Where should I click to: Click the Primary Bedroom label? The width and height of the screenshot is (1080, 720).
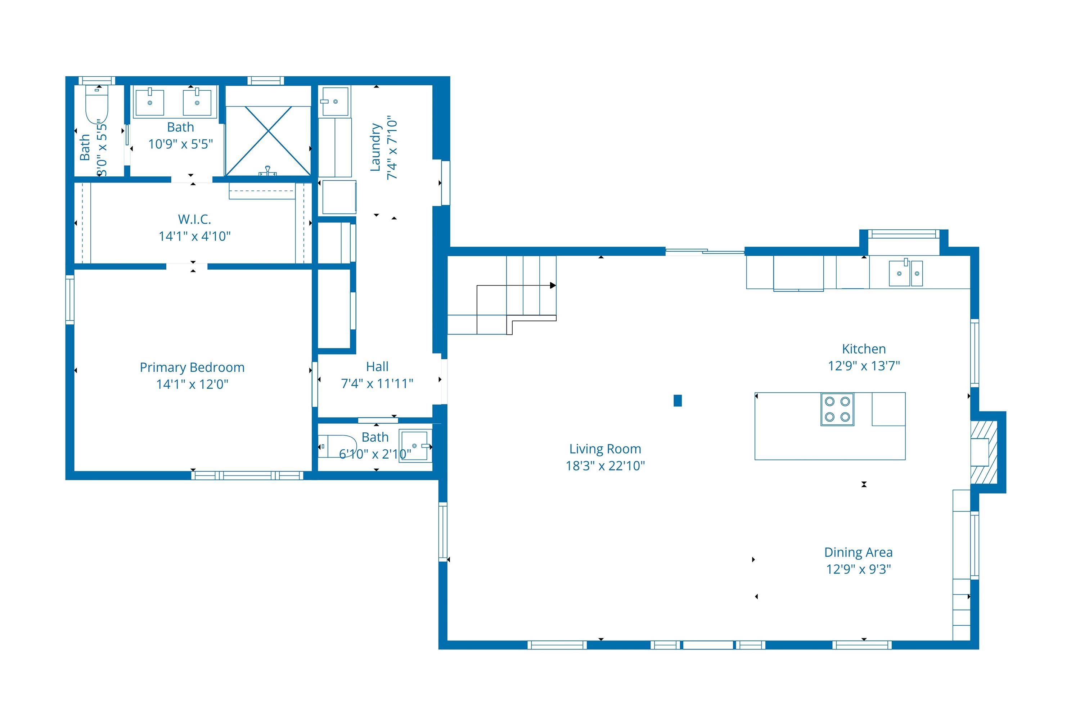pyautogui.click(x=192, y=367)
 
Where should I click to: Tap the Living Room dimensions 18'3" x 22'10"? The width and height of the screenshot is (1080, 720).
pyautogui.click(x=605, y=465)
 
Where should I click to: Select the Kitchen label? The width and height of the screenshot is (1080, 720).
pyautogui.click(x=864, y=349)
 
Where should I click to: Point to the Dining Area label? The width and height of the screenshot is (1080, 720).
pyautogui.click(x=858, y=552)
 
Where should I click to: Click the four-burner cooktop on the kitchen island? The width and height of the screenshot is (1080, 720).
pyautogui.click(x=838, y=409)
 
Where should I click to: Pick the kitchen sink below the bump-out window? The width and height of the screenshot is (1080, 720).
pyautogui.click(x=905, y=273)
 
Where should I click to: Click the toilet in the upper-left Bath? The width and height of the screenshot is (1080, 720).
pyautogui.click(x=97, y=105)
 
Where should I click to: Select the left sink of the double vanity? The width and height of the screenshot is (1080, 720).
pyautogui.click(x=150, y=102)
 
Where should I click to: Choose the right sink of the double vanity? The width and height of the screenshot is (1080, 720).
pyautogui.click(x=197, y=102)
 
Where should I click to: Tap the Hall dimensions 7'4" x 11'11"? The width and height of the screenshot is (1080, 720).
pyautogui.click(x=377, y=383)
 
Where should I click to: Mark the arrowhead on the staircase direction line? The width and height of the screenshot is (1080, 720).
pyautogui.click(x=553, y=285)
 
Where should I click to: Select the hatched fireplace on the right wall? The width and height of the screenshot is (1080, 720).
pyautogui.click(x=984, y=452)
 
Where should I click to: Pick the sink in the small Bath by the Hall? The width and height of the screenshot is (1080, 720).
pyautogui.click(x=415, y=445)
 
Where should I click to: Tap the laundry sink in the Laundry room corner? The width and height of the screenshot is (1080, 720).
pyautogui.click(x=335, y=101)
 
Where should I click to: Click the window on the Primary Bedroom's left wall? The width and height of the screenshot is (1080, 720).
pyautogui.click(x=70, y=300)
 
